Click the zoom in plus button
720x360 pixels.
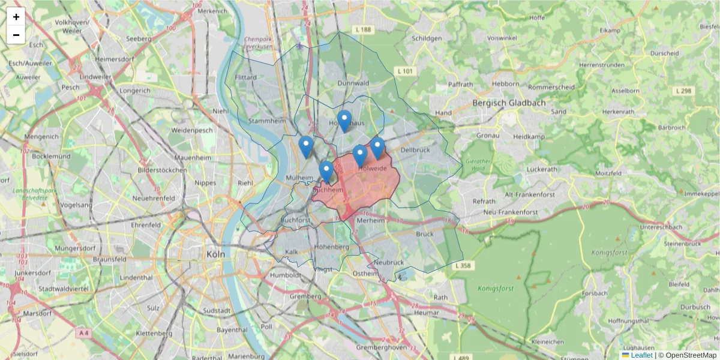coord(16,17)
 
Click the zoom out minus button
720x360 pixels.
coord(16,35)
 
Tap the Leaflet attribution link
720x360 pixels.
coord(641,355)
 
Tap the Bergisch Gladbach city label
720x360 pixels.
coord(509,103)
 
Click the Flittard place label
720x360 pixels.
coord(246,78)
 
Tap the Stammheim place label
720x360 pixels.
coord(267,121)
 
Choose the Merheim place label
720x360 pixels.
coord(370,220)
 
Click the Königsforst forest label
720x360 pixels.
coord(496,289)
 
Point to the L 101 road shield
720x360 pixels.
coord(406,71)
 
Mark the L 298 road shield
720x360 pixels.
coord(683,91)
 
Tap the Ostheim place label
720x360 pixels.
coord(365,273)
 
